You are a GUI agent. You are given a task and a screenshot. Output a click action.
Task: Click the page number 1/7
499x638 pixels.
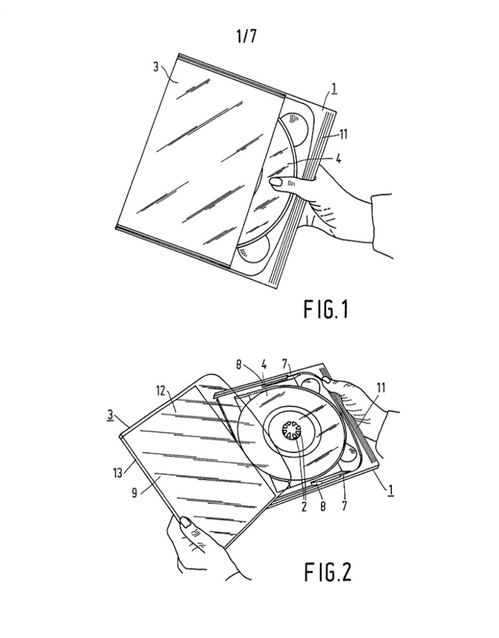tap(246, 36)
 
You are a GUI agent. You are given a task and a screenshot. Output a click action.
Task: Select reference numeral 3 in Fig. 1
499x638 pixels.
tap(156, 67)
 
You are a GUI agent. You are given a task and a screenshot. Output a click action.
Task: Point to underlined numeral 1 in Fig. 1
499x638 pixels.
tap(334, 89)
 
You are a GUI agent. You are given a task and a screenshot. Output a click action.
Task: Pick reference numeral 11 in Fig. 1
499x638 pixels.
tap(343, 134)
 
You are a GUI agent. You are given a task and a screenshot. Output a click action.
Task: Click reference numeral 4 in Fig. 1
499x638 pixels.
tap(338, 159)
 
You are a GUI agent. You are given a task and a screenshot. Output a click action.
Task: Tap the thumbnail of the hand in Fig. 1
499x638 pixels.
tap(276, 182)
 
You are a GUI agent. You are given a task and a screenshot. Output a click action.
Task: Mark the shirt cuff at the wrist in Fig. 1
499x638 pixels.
tap(382, 226)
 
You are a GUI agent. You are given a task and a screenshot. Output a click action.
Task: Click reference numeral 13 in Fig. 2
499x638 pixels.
tap(117, 473)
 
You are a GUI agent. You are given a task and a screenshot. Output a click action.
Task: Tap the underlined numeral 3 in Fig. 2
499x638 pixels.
tap(110, 415)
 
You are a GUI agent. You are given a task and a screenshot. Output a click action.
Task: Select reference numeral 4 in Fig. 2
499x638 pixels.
tap(264, 365)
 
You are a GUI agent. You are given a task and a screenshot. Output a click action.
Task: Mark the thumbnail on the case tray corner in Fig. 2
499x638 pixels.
tap(326, 380)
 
